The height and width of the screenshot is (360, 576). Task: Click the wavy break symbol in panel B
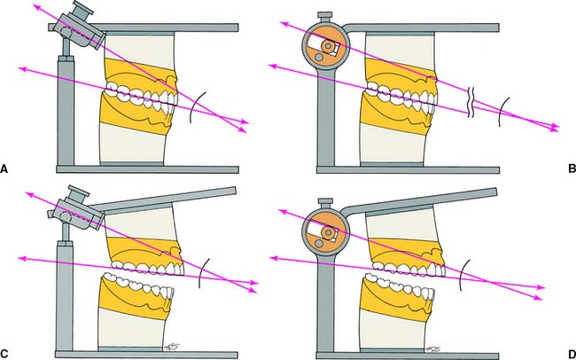471,99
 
